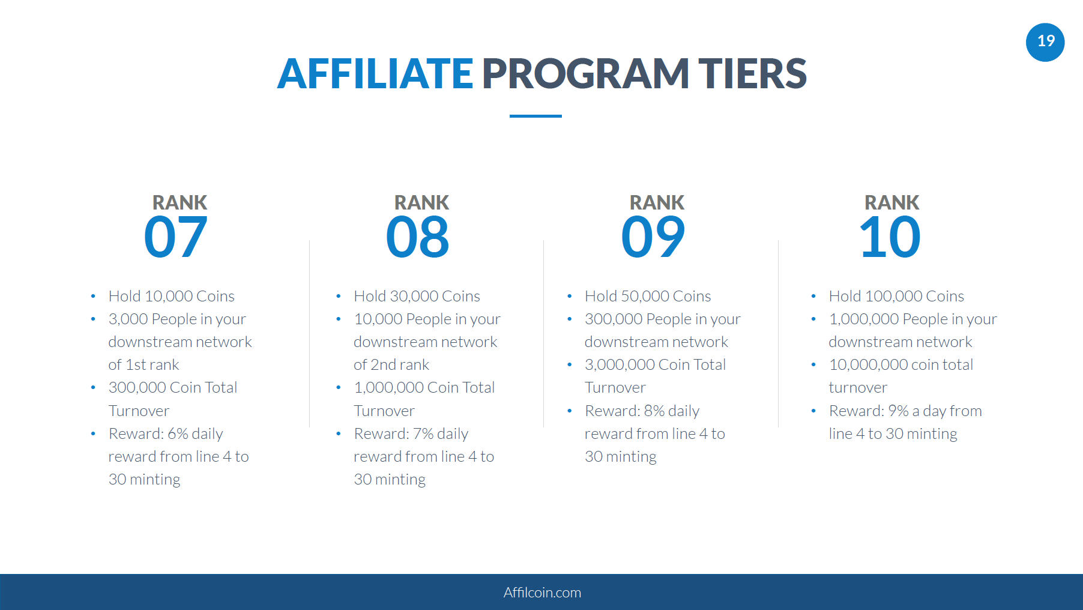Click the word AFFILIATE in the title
375,74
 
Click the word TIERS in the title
752,74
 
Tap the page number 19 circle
1045,42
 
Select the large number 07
176,237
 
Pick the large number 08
418,237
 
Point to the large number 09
653,237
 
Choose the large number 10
890,237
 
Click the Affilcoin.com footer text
542,593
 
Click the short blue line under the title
535,116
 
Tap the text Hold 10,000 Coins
172,296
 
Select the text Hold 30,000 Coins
417,296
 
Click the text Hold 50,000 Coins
648,296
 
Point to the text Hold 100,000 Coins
896,296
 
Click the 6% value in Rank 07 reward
178,433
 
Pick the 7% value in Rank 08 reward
423,433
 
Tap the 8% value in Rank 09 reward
654,411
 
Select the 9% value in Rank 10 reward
898,411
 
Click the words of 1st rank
144,364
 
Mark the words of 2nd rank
391,364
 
